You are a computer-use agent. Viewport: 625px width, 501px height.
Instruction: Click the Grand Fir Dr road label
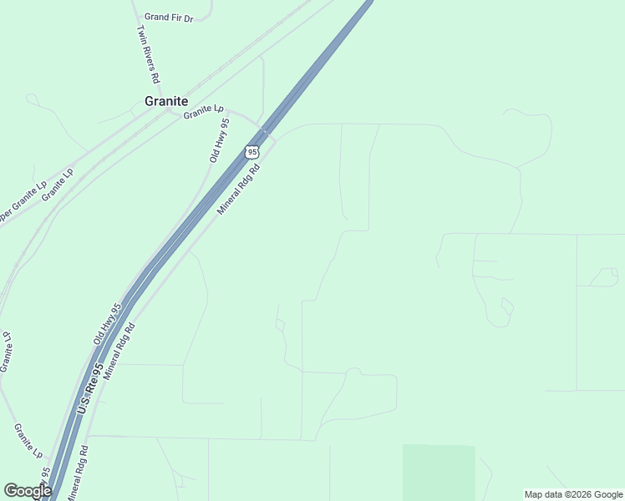169,17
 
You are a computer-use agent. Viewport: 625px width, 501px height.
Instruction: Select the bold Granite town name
166,101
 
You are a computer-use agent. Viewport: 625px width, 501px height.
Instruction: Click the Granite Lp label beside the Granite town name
205,111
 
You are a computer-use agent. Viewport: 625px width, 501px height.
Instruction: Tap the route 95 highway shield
252,151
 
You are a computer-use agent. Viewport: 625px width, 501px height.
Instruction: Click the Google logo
28,491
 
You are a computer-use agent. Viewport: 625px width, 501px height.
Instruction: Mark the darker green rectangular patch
439,472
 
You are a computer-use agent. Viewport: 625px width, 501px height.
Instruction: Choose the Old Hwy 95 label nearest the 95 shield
219,141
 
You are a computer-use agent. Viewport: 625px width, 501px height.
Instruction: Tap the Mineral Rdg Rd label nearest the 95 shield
239,189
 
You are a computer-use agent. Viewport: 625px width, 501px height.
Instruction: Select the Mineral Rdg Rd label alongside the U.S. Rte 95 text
119,347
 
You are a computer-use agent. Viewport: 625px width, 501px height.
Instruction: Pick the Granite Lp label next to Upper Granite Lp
58,183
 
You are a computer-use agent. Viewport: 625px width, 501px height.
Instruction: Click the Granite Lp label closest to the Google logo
28,440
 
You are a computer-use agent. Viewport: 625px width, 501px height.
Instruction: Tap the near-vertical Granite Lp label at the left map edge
6,352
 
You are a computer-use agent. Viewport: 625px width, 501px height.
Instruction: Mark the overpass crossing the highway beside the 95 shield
266,130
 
